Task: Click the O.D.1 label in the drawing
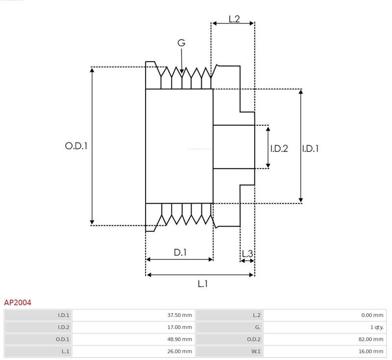(x=76, y=146)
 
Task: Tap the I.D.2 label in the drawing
(x=279, y=148)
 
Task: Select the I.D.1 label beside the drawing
(x=310, y=148)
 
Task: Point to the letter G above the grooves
(x=181, y=43)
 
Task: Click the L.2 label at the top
(x=234, y=19)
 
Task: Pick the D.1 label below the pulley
(x=180, y=252)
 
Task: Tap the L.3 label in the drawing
(x=247, y=254)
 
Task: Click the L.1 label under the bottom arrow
(x=202, y=284)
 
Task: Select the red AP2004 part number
(x=18, y=303)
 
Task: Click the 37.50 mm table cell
(x=179, y=315)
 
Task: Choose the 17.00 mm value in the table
(x=179, y=327)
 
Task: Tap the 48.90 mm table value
(x=179, y=339)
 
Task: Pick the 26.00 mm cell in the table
(x=179, y=351)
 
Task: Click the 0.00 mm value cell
(x=372, y=315)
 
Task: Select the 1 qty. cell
(x=377, y=327)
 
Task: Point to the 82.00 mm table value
(x=371, y=339)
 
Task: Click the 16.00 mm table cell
(x=371, y=351)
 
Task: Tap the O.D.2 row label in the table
(x=254, y=339)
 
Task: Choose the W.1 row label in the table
(x=256, y=351)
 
